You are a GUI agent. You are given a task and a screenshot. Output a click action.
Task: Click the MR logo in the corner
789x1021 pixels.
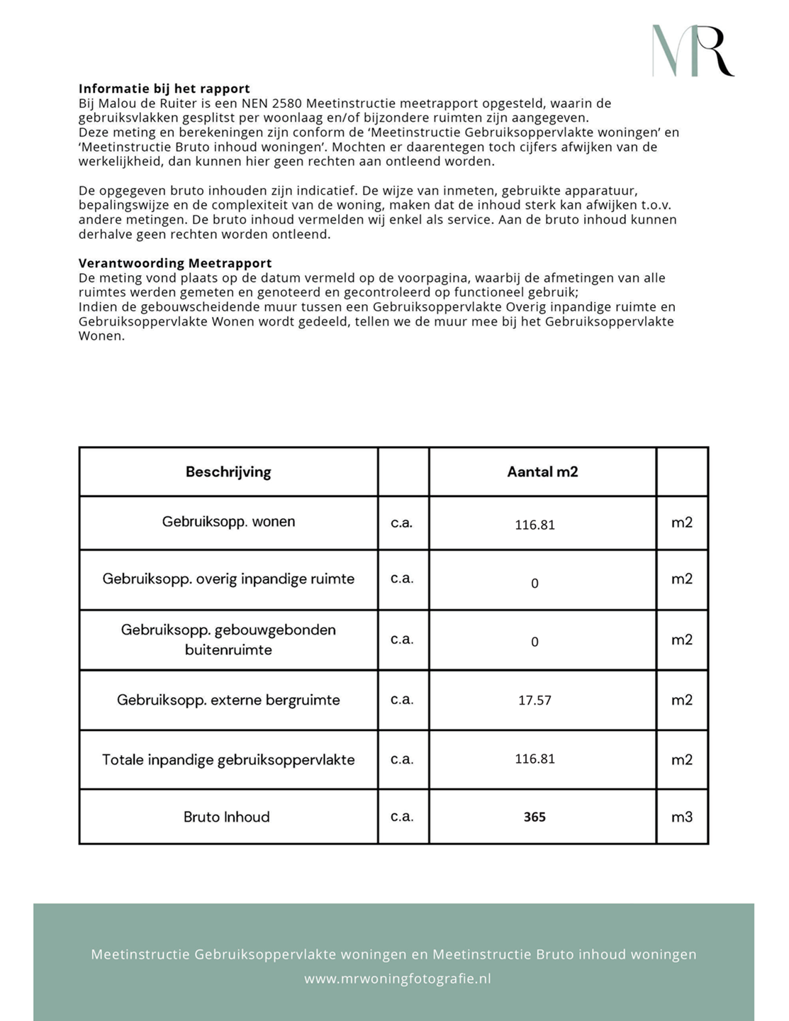tap(693, 50)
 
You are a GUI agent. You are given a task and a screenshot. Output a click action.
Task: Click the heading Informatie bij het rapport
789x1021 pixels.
tap(164, 89)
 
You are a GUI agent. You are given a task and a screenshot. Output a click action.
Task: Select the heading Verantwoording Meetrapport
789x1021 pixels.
tap(175, 263)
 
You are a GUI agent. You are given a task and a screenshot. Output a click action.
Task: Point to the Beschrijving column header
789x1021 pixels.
tap(228, 472)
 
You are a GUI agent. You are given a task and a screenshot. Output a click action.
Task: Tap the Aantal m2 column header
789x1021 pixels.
tap(542, 472)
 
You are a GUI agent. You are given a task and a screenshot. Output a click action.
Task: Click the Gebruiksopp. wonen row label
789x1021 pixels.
tap(228, 522)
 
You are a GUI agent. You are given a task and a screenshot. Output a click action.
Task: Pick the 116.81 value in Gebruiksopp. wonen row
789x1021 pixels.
tap(535, 525)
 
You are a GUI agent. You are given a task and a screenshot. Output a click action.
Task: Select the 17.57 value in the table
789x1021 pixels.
tap(535, 701)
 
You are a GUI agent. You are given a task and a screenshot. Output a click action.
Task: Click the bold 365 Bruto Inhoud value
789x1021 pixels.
tap(535, 818)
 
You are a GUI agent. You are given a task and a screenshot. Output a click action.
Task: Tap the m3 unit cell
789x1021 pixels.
tap(682, 818)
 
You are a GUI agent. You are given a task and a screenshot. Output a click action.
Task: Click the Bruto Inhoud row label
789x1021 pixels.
tap(227, 818)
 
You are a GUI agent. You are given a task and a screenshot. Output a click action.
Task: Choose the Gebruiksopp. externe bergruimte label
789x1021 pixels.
tap(228, 701)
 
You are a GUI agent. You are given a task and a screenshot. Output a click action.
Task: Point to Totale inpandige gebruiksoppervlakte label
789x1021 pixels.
tap(228, 760)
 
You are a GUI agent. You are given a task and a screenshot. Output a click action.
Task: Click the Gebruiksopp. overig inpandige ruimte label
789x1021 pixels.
tap(228, 579)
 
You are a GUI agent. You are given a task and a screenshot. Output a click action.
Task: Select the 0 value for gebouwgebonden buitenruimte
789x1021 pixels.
tap(535, 642)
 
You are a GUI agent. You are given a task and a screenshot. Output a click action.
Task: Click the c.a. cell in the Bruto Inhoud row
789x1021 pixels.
tap(402, 817)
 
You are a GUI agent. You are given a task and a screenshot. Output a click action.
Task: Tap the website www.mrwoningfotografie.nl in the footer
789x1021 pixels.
tap(398, 979)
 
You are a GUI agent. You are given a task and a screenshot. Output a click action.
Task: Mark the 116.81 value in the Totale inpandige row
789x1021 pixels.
tap(535, 759)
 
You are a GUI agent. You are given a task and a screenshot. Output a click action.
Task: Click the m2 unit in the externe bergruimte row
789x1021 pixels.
tap(682, 701)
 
